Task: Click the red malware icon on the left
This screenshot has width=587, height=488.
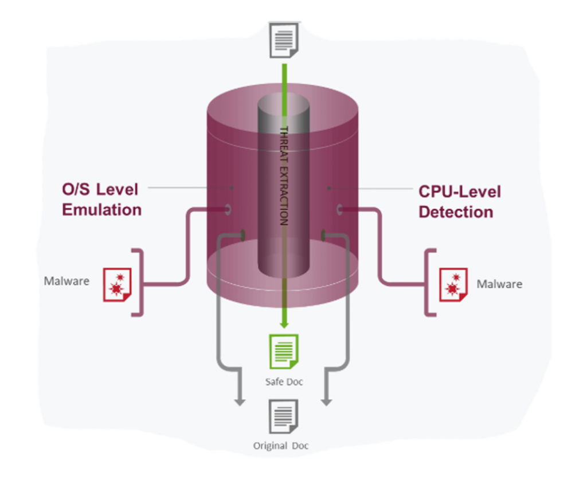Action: pyautogui.click(x=117, y=284)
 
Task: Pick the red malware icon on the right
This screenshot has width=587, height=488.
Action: pyautogui.click(x=453, y=284)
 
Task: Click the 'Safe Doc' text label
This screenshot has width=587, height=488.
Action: pyautogui.click(x=284, y=381)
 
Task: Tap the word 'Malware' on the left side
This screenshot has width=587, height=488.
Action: pyautogui.click(x=66, y=281)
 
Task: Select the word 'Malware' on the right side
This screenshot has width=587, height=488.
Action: pyautogui.click(x=500, y=284)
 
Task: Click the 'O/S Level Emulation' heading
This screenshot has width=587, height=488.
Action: pyautogui.click(x=101, y=199)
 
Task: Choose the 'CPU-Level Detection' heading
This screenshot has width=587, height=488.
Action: pyautogui.click(x=459, y=201)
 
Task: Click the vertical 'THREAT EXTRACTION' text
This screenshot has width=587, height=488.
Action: pyautogui.click(x=283, y=175)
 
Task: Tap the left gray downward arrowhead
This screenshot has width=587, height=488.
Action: pyautogui.click(x=240, y=402)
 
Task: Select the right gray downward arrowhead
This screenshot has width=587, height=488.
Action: pyautogui.click(x=326, y=401)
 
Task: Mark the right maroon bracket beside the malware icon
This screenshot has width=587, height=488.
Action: pyautogui.click(x=430, y=282)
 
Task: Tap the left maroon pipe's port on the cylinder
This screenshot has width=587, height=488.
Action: pyautogui.click(x=228, y=209)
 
